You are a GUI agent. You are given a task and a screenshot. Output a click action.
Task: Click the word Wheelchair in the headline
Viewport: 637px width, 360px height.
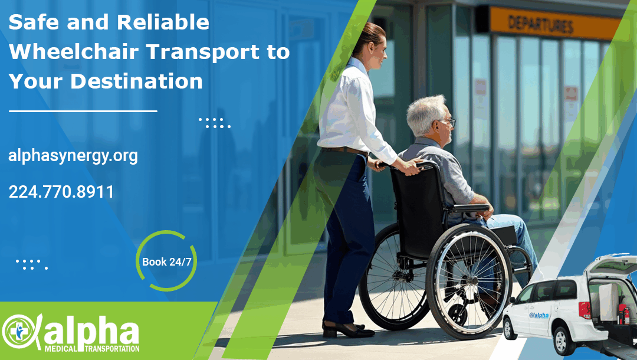tap(73, 51)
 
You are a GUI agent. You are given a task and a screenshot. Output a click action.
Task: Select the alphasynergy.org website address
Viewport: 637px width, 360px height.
tap(73, 156)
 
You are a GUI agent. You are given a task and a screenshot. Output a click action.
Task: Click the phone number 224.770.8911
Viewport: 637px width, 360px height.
tap(61, 192)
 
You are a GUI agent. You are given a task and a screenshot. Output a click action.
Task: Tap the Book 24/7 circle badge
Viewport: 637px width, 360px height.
tap(166, 261)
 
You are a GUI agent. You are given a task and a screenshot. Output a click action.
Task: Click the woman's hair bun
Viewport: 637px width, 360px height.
tap(373, 34)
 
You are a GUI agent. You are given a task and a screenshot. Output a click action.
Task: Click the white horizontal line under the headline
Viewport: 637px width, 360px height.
tap(83, 110)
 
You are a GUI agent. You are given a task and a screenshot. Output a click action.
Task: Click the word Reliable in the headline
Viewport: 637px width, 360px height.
tap(163, 22)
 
